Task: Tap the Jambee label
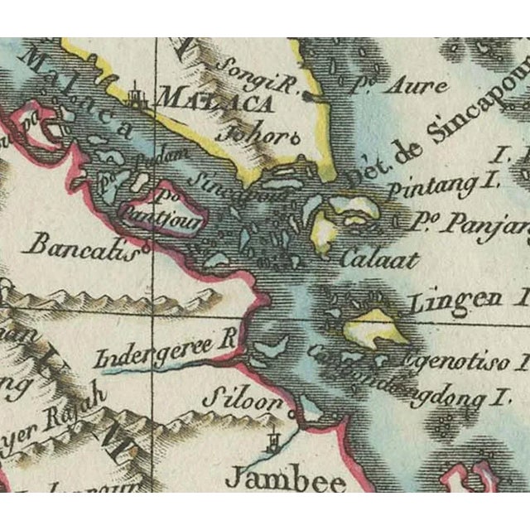pos(274,479)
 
